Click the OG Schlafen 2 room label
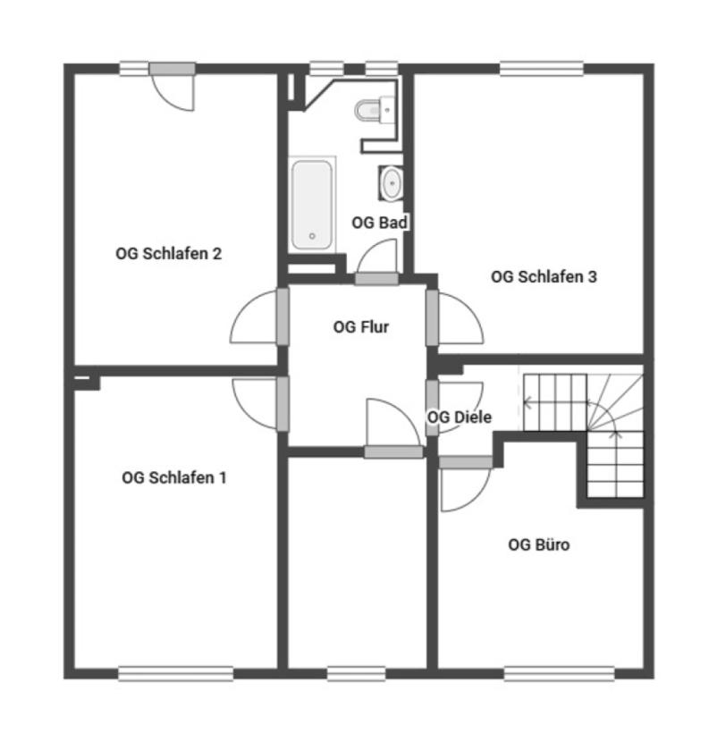pyautogui.click(x=168, y=254)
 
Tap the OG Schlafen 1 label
pyautogui.click(x=173, y=477)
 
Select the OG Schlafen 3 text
pyautogui.click(x=544, y=276)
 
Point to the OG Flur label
pyautogui.click(x=360, y=326)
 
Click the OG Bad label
pyautogui.click(x=380, y=223)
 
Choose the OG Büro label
pyautogui.click(x=538, y=544)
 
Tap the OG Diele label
pyautogui.click(x=459, y=417)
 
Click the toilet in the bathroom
pyautogui.click(x=375, y=110)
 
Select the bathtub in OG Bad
pyautogui.click(x=312, y=205)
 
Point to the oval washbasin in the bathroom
pyautogui.click(x=392, y=182)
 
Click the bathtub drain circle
pyautogui.click(x=312, y=236)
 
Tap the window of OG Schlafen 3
pyautogui.click(x=542, y=69)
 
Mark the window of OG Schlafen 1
pyautogui.click(x=175, y=673)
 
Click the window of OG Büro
pyautogui.click(x=559, y=673)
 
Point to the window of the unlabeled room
pyautogui.click(x=356, y=673)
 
